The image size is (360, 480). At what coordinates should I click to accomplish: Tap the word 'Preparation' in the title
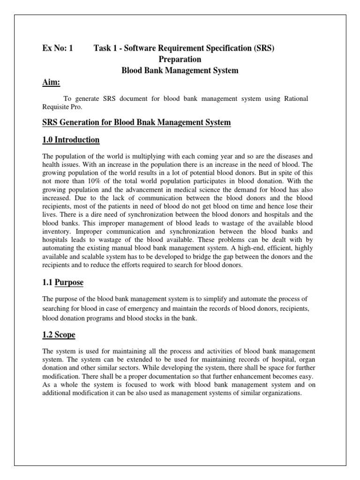[x=180, y=60]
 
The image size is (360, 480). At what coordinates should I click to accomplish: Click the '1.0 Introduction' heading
[x=71, y=140]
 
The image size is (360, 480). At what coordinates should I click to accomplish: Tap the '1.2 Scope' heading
[x=59, y=335]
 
